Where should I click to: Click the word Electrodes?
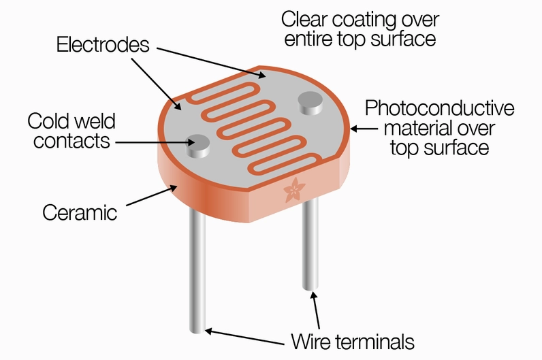tap(103, 44)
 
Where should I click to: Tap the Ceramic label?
tap(80, 212)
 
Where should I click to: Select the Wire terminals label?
tap(353, 342)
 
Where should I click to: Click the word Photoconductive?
tap(439, 108)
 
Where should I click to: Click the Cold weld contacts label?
tap(71, 131)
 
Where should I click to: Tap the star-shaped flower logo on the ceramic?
tap(294, 190)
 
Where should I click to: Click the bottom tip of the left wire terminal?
tap(197, 331)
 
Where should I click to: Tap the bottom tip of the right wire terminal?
tap(310, 287)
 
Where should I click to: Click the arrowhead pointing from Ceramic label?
tap(174, 188)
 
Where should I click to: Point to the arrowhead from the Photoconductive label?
tap(354, 129)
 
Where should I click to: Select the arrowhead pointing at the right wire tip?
tap(313, 296)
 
